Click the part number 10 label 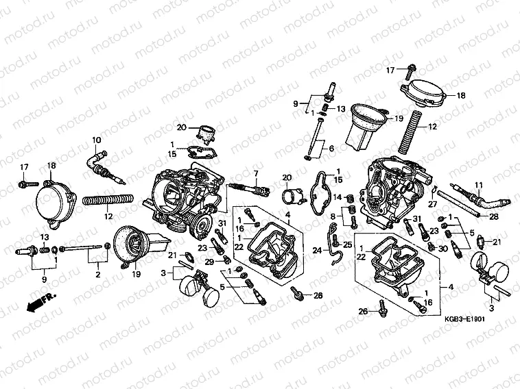(97, 140)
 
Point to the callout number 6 (331, 149)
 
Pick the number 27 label (433, 204)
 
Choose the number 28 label (494, 216)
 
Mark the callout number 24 (318, 251)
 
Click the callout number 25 (347, 244)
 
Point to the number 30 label (442, 248)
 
